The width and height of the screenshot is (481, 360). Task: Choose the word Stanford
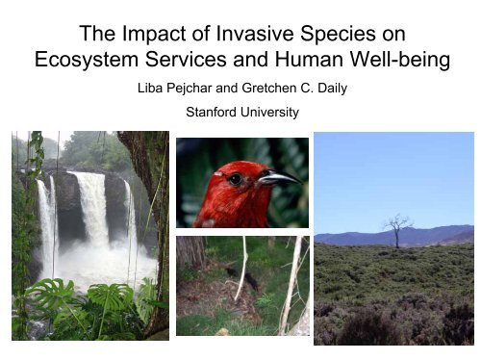(211, 113)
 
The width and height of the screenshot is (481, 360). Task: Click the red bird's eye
(234, 178)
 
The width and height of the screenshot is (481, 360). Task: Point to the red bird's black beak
(278, 178)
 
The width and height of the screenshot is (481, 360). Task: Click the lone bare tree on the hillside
(394, 230)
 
